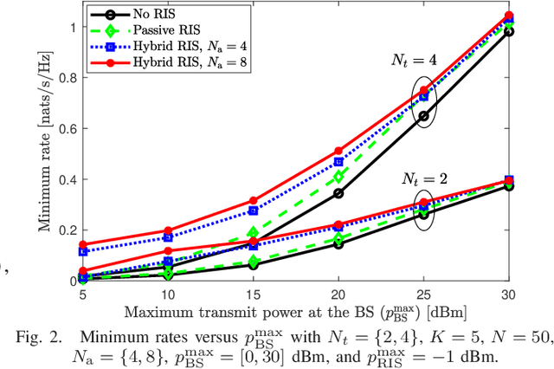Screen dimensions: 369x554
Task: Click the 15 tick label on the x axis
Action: pyautogui.click(x=253, y=295)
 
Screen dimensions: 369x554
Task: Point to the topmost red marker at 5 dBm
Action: pyautogui.click(x=82, y=244)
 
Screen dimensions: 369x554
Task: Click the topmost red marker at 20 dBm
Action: pyautogui.click(x=338, y=151)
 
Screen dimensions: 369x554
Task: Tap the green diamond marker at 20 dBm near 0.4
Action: pyautogui.click(x=338, y=176)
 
